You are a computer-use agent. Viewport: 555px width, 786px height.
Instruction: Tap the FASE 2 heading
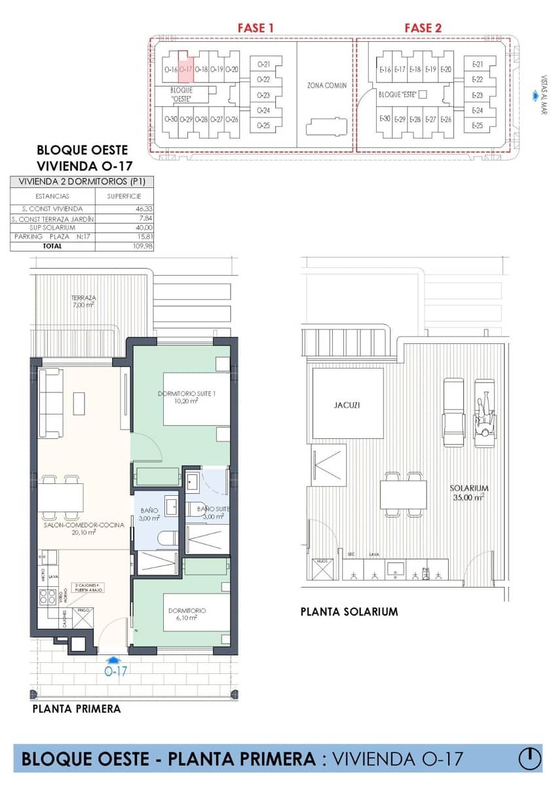point(423,28)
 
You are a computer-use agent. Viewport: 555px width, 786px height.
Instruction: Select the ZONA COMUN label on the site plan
point(326,85)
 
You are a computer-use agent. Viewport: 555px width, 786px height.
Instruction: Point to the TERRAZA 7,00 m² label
point(83,301)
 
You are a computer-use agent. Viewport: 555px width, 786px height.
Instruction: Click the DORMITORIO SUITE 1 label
point(187,397)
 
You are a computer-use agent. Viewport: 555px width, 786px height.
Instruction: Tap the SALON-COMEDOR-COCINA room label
point(84,529)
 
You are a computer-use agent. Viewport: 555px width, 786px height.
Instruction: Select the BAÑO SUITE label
point(212,512)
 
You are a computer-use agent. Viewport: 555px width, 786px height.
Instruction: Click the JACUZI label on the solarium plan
point(347,405)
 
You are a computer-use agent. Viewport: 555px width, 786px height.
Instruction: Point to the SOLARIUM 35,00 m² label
point(469,493)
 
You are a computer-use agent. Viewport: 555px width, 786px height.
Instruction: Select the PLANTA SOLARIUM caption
point(349,612)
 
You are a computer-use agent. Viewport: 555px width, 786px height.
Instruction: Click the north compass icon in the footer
point(530,758)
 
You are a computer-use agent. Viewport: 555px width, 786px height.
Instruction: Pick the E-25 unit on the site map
point(477,126)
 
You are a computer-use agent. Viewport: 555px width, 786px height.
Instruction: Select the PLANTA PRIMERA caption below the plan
point(76,709)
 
